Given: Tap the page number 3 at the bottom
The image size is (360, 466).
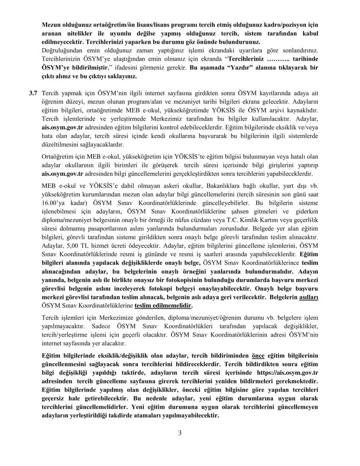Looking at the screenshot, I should [180, 434].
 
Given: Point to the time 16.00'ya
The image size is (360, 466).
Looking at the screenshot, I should [52, 203].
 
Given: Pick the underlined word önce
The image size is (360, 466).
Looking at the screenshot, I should [258, 355].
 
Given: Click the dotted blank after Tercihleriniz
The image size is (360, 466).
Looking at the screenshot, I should [278, 59].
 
